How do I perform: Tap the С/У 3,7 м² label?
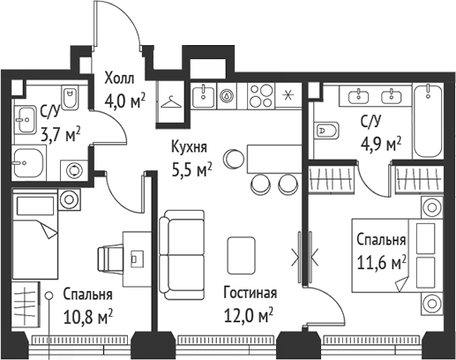[x=60, y=124]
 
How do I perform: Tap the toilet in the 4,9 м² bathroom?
[x=326, y=131]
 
